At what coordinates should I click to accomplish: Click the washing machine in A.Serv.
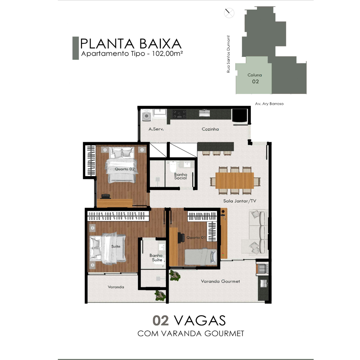point(146,115)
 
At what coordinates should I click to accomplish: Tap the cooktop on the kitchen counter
point(179,114)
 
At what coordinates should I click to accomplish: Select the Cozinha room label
point(210,129)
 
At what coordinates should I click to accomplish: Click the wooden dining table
point(235,180)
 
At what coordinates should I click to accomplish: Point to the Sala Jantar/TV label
point(239,201)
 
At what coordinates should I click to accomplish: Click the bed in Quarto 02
point(121,165)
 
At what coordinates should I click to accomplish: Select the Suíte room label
point(116,246)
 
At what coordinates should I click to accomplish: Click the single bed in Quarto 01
point(201,257)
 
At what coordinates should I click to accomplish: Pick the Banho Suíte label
point(156,258)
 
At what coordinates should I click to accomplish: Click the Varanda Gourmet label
point(220,281)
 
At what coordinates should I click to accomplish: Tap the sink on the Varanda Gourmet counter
point(264,284)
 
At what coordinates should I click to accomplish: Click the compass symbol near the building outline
point(229,13)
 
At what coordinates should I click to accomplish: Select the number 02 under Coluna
point(255,81)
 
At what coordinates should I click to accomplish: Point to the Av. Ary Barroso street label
point(269,104)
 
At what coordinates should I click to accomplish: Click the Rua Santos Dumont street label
point(228,54)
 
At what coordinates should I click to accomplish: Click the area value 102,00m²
point(167,54)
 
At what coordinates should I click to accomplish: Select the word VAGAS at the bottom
point(199,320)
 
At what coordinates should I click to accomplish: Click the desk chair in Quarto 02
point(105,196)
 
